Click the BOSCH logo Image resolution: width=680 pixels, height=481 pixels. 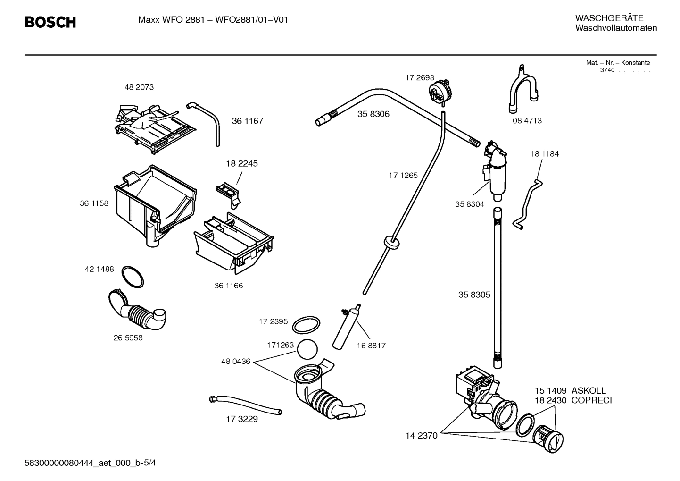pyautogui.click(x=50, y=22)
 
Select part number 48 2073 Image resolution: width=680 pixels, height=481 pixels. pyautogui.click(x=139, y=87)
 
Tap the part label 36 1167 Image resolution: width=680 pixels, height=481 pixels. pyautogui.click(x=247, y=121)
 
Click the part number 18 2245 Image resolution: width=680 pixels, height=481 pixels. pyautogui.click(x=242, y=164)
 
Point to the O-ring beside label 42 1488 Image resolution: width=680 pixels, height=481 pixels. pyautogui.click(x=133, y=277)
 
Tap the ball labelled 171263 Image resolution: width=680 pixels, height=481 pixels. pyautogui.click(x=307, y=349)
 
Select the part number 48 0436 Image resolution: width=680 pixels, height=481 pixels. pyautogui.click(x=235, y=362)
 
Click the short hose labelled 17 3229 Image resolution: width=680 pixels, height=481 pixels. pyautogui.click(x=245, y=405)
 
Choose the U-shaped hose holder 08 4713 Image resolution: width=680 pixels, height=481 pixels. pyautogui.click(x=524, y=92)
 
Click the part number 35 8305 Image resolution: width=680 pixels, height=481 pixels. pyautogui.click(x=474, y=295)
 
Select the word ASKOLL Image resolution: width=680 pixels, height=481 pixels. pyautogui.click(x=589, y=391)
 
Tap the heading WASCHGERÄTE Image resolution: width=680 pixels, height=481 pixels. pyautogui.click(x=609, y=18)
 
